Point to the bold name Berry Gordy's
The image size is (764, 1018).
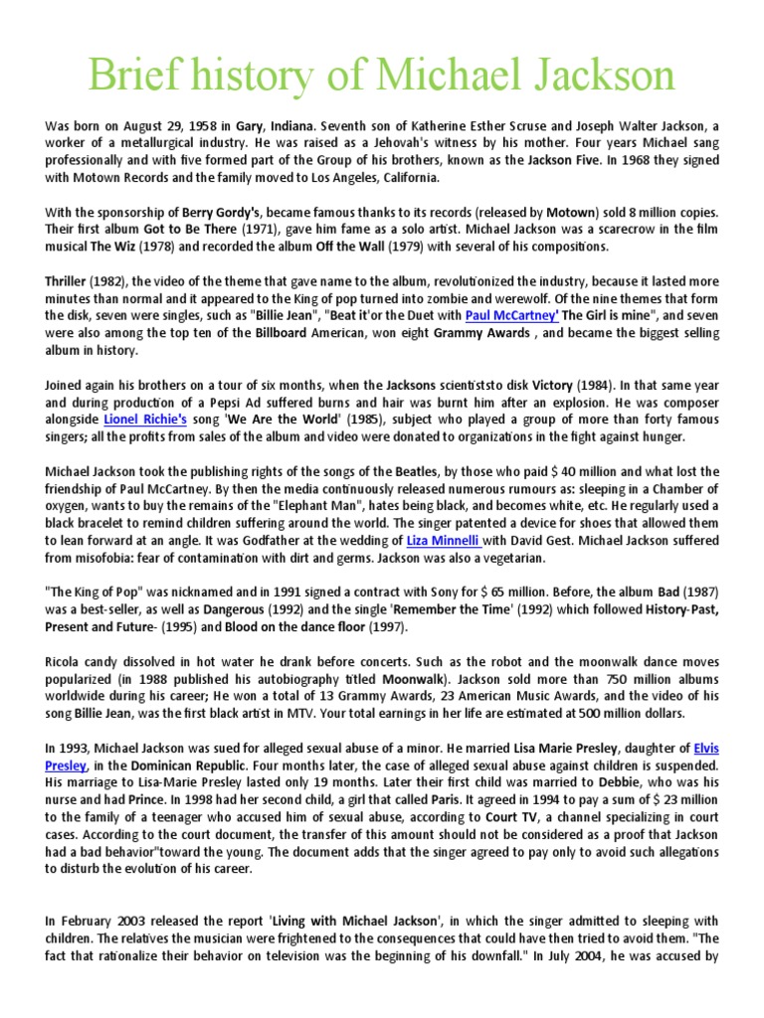pos(222,212)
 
